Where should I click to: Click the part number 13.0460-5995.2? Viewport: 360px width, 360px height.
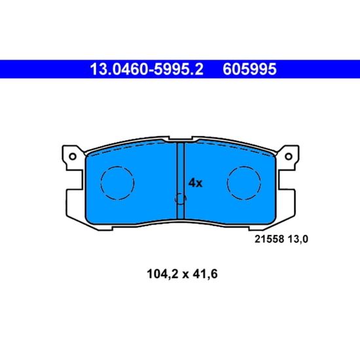pos(147,69)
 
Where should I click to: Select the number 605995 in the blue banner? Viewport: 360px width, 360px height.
pos(249,69)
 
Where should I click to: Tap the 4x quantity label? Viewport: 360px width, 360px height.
pos(196,183)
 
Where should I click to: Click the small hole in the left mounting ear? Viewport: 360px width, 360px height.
pos(73,156)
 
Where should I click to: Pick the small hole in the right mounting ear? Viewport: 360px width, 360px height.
pos(289,156)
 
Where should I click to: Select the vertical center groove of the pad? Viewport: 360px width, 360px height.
pos(181,181)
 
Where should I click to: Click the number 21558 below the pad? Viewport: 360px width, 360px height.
pos(269,239)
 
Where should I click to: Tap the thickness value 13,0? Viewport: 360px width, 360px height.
pos(298,239)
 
